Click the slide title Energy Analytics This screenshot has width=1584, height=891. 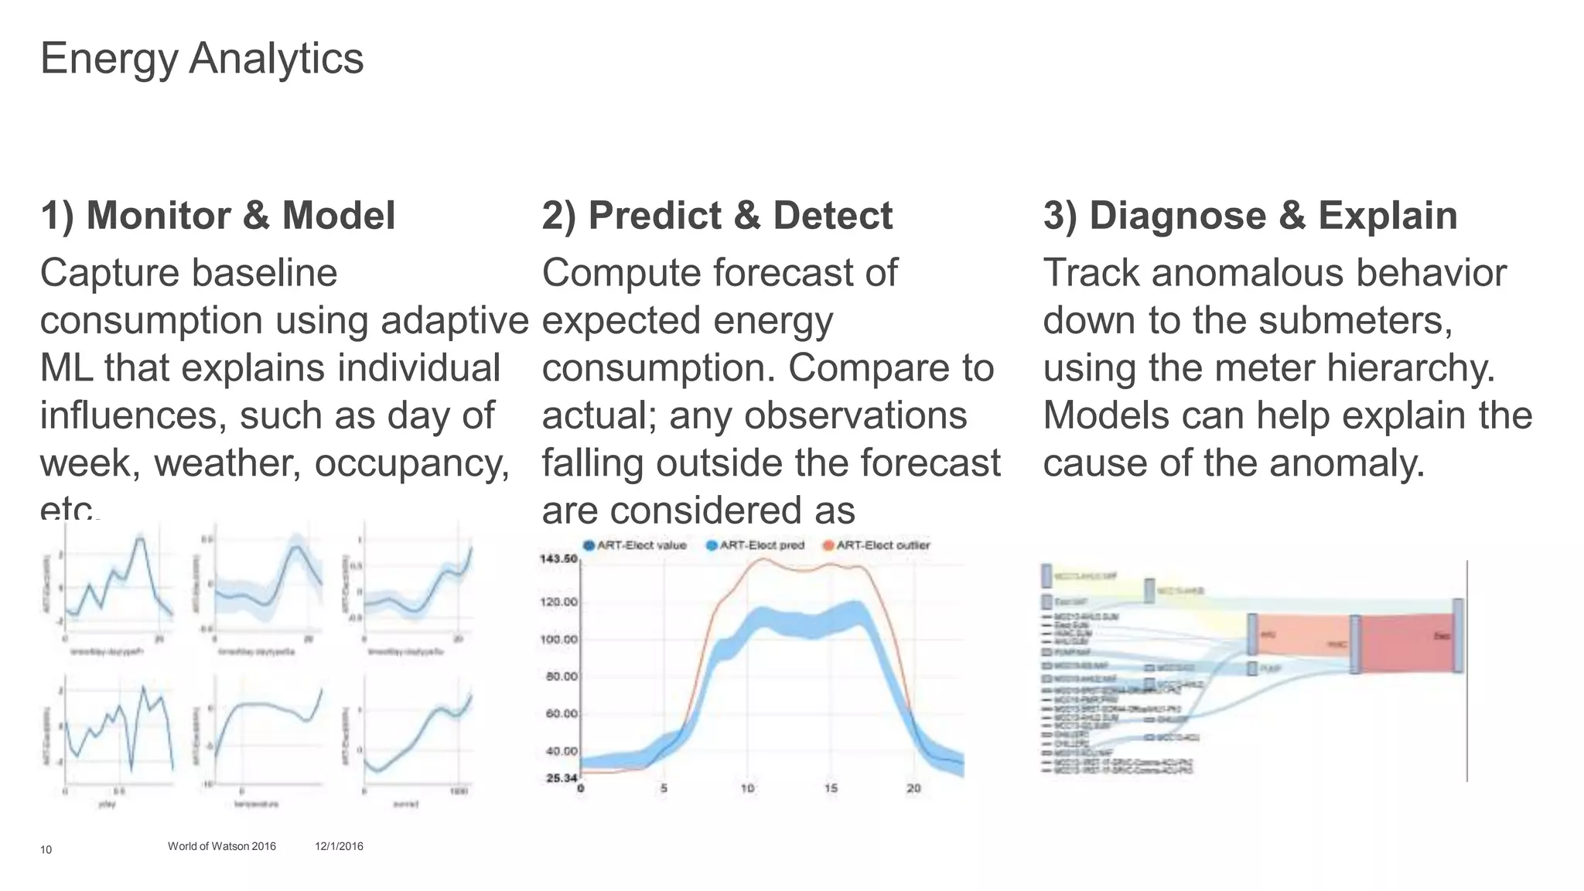(201, 59)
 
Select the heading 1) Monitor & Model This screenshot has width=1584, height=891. (217, 216)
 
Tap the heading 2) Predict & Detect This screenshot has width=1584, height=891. (717, 216)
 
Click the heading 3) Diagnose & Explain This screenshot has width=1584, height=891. (1250, 216)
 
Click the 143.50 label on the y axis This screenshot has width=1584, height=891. (558, 558)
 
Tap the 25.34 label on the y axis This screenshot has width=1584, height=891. (562, 777)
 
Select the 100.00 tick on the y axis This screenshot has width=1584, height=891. (559, 640)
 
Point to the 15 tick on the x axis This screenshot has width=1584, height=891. (831, 788)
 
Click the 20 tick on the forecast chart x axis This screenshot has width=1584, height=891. (913, 788)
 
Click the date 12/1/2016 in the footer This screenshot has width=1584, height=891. (339, 846)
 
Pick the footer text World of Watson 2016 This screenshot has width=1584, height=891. (221, 846)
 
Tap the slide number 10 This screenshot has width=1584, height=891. (46, 850)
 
